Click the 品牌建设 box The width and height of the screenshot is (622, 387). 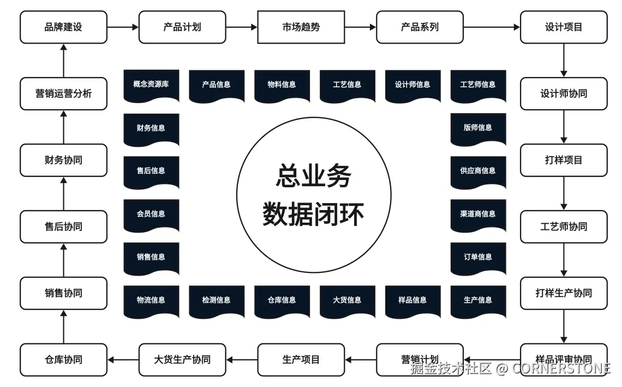tap(63, 27)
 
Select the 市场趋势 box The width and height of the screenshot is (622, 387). tap(301, 27)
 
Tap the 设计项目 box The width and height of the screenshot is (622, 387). tap(563, 27)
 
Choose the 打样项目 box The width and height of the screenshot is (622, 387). tap(563, 160)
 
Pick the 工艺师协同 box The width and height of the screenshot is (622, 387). tap(563, 227)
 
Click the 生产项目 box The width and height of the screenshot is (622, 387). tap(301, 360)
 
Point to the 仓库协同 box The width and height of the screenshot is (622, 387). tap(63, 360)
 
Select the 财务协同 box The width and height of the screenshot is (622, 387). tap(63, 160)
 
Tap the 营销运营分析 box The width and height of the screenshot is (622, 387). tap(63, 93)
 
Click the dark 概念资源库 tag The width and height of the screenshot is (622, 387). tap(151, 85)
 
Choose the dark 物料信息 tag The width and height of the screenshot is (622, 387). tap(282, 85)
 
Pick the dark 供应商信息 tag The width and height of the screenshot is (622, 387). tap(478, 171)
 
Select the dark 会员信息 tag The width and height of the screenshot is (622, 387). tap(151, 214)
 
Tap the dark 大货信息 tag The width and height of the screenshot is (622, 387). tap(347, 300)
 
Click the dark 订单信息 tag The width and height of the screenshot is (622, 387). tap(478, 257)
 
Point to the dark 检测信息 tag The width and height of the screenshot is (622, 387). tap(216, 300)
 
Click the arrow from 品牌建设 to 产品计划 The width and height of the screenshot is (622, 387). tap(123, 27)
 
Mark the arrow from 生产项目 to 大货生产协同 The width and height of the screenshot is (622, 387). tap(242, 360)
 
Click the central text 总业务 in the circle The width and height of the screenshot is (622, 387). tap(313, 176)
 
